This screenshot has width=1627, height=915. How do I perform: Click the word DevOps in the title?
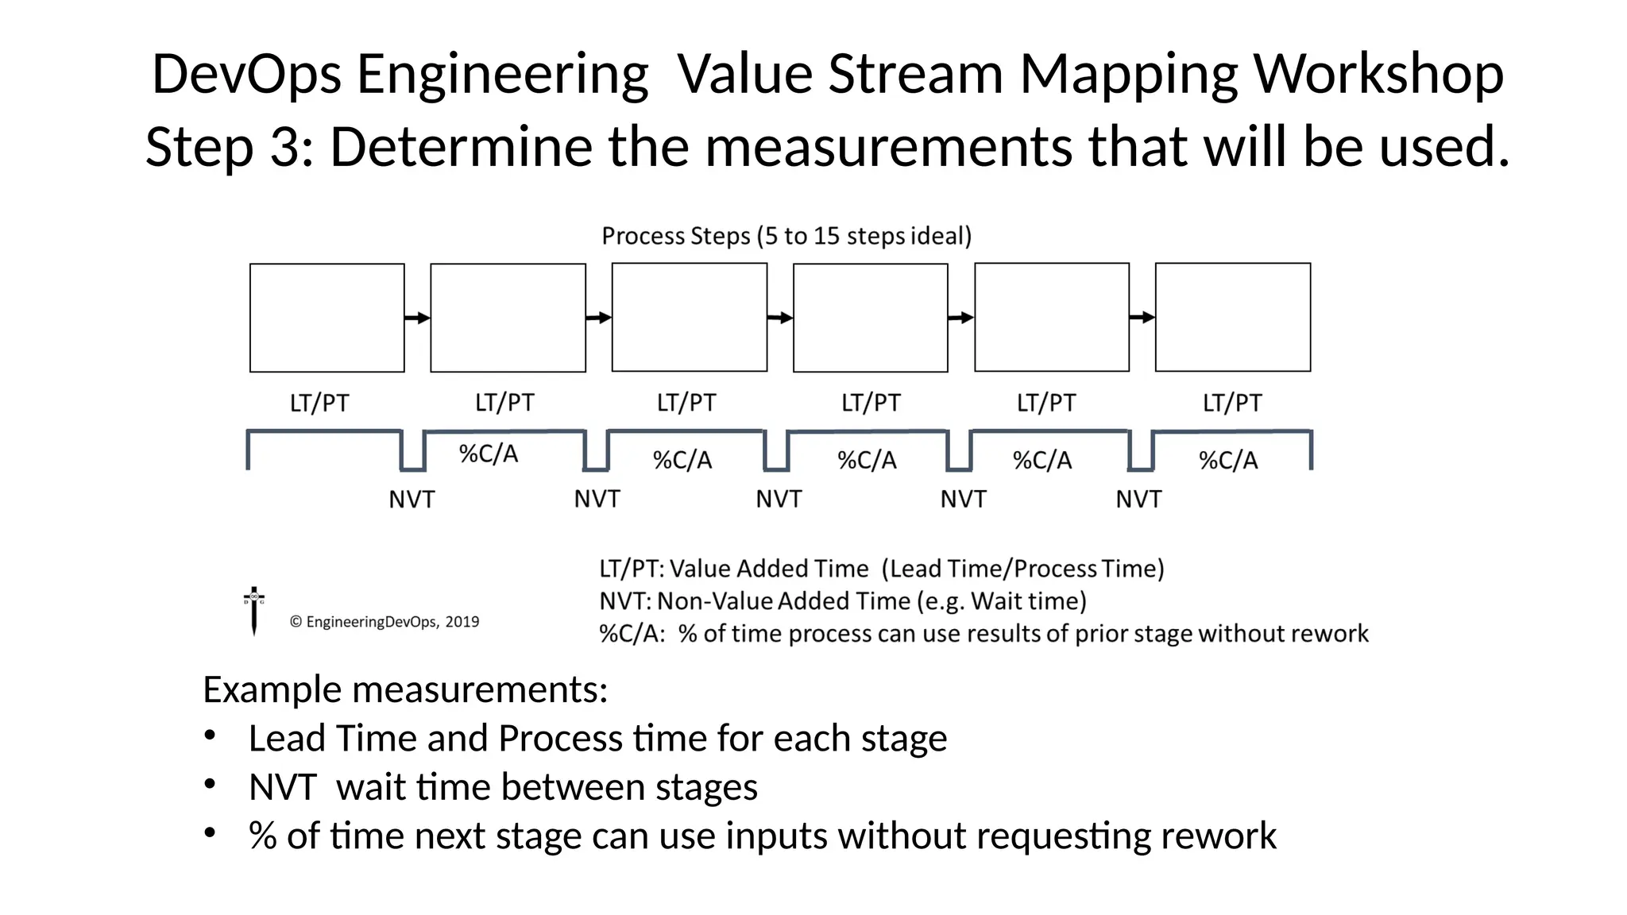pyautogui.click(x=247, y=74)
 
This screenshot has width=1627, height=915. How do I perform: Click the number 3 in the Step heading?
pyautogui.click(x=285, y=147)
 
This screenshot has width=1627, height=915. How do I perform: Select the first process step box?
pyautogui.click(x=327, y=318)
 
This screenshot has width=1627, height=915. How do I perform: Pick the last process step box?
pyautogui.click(x=1232, y=317)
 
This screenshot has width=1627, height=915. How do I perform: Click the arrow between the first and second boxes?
pyautogui.click(x=417, y=318)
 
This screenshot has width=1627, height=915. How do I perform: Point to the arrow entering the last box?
pyautogui.click(x=1142, y=318)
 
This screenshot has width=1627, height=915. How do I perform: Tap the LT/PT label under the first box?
pyautogui.click(x=319, y=403)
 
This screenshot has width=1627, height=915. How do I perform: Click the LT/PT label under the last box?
pyautogui.click(x=1231, y=403)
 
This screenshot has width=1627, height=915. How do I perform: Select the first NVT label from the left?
pyautogui.click(x=412, y=500)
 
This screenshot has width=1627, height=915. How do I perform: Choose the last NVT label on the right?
pyautogui.click(x=1138, y=500)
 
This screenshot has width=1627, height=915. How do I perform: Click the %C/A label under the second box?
pyautogui.click(x=489, y=454)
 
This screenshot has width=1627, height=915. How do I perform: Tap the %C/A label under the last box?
pyautogui.click(x=1228, y=461)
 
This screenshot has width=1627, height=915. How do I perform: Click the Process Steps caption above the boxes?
pyautogui.click(x=786, y=236)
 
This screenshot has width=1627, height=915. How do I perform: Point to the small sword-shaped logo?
pyautogui.click(x=254, y=612)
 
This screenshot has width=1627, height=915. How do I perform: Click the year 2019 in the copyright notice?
pyautogui.click(x=462, y=622)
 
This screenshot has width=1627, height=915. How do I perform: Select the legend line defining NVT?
pyautogui.click(x=842, y=601)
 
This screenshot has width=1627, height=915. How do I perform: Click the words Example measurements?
pyautogui.click(x=405, y=689)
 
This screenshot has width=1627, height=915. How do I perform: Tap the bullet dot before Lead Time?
pyautogui.click(x=210, y=736)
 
